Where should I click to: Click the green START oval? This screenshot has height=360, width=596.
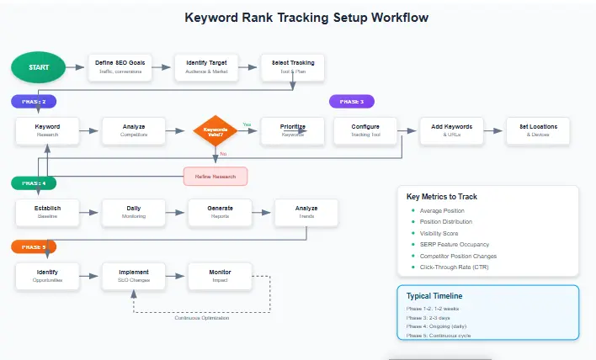(39, 68)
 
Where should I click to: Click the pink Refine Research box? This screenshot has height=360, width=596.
(216, 176)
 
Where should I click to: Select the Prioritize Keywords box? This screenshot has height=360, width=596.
(292, 130)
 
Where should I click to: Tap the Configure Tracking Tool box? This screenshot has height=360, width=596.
(365, 130)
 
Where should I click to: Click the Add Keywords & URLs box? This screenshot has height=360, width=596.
(452, 130)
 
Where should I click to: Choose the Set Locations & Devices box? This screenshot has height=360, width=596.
(537, 130)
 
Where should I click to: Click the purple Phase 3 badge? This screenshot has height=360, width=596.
(352, 102)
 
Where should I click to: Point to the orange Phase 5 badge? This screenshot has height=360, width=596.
(34, 246)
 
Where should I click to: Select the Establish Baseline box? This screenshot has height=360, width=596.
(47, 212)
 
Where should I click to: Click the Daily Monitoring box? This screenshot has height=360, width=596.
(133, 212)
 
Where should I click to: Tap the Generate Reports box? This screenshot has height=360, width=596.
(220, 212)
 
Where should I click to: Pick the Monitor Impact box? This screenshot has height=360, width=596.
(220, 276)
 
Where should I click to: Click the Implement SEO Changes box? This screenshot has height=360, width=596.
(133, 276)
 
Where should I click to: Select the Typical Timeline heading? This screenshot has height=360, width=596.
(434, 296)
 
